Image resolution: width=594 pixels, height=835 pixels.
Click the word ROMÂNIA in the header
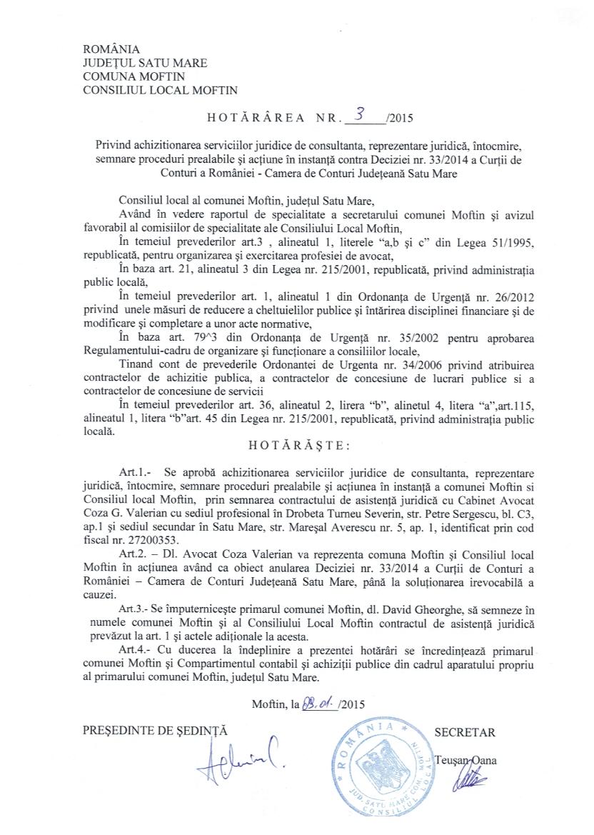click(x=111, y=49)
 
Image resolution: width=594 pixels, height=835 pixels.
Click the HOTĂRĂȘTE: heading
click(x=298, y=444)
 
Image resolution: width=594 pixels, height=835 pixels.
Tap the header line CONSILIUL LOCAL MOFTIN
click(x=161, y=90)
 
